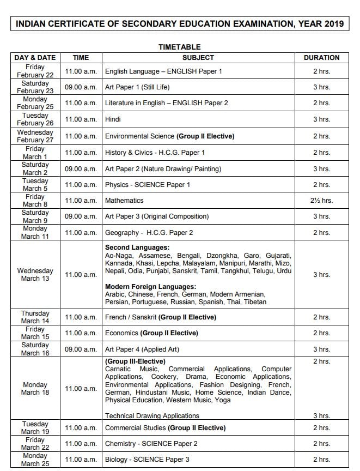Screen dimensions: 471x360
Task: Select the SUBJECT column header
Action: [x=198, y=57]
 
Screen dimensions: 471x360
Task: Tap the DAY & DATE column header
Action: [x=35, y=57]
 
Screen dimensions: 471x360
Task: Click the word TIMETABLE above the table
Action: [x=179, y=47]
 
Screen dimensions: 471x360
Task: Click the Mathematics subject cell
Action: [x=124, y=201]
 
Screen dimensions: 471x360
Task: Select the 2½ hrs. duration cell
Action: [x=321, y=201]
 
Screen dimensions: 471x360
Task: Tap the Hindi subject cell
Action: [x=113, y=119]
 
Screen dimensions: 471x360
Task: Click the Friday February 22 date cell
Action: [x=35, y=71]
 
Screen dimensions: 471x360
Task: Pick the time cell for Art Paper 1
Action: [x=81, y=87]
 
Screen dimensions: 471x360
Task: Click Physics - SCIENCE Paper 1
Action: [x=147, y=184]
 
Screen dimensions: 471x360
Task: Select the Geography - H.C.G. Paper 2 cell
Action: [x=149, y=233]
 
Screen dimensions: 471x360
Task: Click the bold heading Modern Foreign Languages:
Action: [x=150, y=286]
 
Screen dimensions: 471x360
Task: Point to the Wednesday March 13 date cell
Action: [x=35, y=274]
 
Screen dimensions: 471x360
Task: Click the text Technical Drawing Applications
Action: [x=152, y=415]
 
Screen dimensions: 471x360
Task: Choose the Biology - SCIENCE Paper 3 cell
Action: [x=147, y=459]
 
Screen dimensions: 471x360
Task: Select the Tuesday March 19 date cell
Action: [x=35, y=428]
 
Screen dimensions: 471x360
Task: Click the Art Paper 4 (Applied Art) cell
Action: [x=142, y=349]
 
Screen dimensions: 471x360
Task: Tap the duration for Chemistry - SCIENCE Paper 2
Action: [x=321, y=444]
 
